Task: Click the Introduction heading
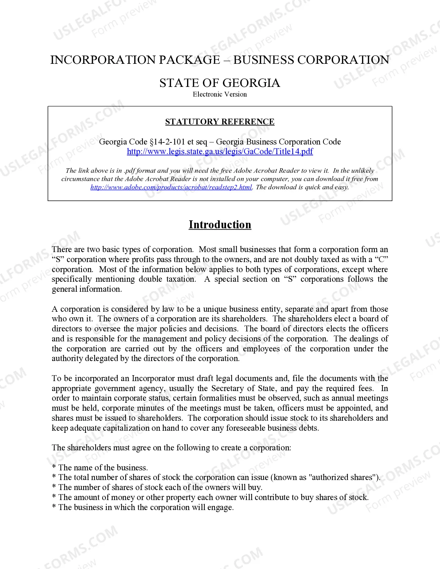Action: (x=220, y=224)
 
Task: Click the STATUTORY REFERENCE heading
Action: (x=220, y=122)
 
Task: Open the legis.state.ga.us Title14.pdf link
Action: (x=220, y=151)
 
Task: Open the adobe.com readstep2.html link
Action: (x=171, y=187)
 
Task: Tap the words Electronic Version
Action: (x=220, y=94)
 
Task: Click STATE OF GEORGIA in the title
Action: (x=220, y=83)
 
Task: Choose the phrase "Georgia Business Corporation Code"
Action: (x=278, y=142)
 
